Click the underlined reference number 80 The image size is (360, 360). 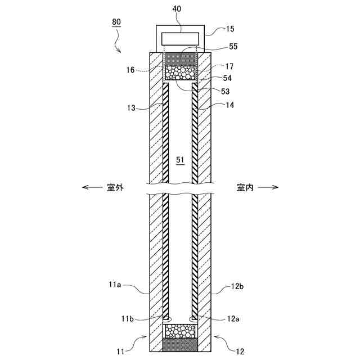[x=116, y=22]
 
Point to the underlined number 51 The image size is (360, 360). [x=180, y=160]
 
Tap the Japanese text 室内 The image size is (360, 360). [x=245, y=188]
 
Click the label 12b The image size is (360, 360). [x=237, y=287]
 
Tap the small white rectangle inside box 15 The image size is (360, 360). [x=180, y=39]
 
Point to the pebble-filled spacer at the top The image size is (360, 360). [x=180, y=73]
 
